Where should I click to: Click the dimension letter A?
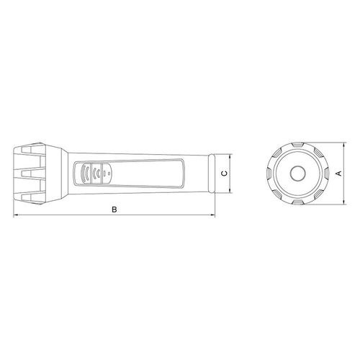[339, 173]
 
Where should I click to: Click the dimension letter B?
[114, 210]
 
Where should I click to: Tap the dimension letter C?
[225, 174]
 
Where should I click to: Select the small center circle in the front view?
[297, 174]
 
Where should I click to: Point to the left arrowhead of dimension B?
[16, 215]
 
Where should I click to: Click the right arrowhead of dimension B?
[212, 215]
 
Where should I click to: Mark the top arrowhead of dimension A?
[344, 145]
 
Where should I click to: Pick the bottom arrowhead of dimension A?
[344, 202]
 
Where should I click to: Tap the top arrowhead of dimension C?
[230, 156]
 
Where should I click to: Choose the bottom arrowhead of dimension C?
[230, 190]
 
